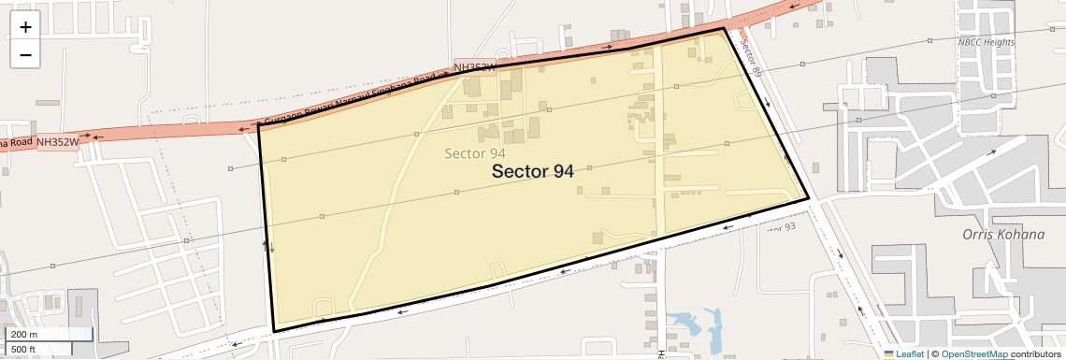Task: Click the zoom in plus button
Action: point(25,27)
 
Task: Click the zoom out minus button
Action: point(25,55)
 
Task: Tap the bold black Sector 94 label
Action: point(532,171)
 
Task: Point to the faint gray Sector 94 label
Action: point(475,153)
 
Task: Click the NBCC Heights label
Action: point(986,42)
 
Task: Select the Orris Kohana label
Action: point(1002,234)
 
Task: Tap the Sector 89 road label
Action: point(751,58)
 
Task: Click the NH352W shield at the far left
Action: point(56,142)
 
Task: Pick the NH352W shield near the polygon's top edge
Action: point(474,67)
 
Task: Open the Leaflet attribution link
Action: point(903,353)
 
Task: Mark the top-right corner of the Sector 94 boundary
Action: point(724,29)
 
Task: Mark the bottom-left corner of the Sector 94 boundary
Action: point(274,331)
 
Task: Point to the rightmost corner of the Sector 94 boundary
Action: point(809,198)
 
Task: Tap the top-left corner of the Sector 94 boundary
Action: point(259,123)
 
